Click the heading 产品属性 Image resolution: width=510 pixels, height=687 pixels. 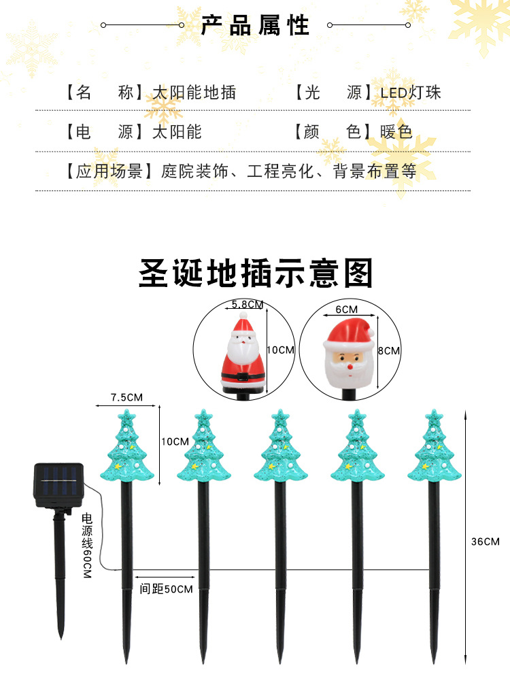click(255, 26)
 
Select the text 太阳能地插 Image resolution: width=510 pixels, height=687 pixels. click(194, 93)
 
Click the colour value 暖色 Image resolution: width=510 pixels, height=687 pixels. click(396, 132)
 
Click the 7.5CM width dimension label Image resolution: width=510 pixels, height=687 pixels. click(126, 397)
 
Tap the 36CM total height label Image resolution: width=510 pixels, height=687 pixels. click(485, 541)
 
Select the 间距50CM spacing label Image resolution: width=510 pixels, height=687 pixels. click(167, 589)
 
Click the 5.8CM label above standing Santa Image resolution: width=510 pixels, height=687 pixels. click(247, 304)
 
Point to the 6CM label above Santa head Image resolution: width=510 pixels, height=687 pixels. click(347, 309)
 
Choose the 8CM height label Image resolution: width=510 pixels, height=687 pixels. click(389, 351)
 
